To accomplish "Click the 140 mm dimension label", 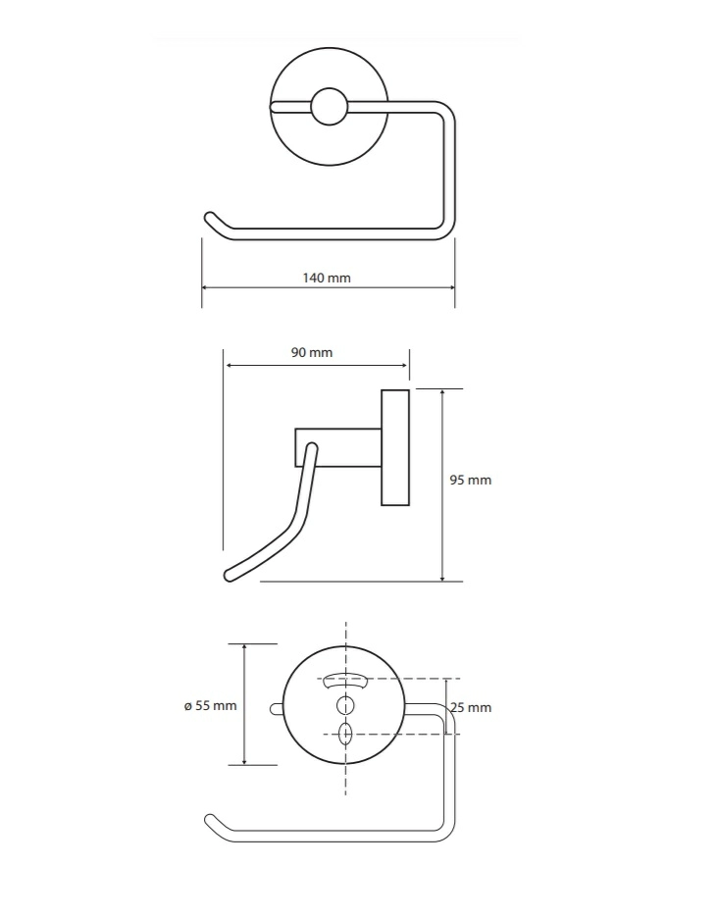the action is click(x=327, y=278).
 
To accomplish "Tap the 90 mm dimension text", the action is click(x=312, y=353).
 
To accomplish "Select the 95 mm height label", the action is click(x=470, y=481).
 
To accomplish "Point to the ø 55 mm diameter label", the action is click(x=211, y=706).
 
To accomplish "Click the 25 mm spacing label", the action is click(x=471, y=708).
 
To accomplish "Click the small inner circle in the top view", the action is click(x=329, y=107).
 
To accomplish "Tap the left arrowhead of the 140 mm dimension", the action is click(x=206, y=287).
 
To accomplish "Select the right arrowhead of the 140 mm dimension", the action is click(x=451, y=287).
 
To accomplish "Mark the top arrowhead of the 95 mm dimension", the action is click(x=442, y=393).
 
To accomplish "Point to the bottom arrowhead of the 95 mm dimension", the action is click(x=442, y=577).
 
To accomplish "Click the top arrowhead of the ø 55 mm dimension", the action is click(x=244, y=648).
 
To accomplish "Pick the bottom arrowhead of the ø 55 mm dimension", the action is click(x=244, y=760).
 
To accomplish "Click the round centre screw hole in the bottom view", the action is click(x=345, y=706).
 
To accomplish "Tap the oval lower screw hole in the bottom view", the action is click(x=345, y=735).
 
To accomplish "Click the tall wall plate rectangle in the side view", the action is click(x=395, y=447).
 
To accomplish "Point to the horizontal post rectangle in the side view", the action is click(x=338, y=448).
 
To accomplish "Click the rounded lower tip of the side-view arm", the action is click(x=230, y=576).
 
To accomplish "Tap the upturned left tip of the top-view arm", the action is click(x=209, y=218).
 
